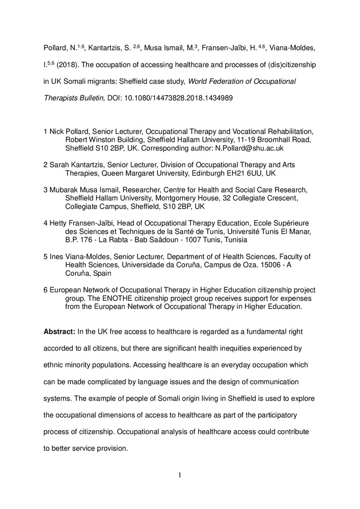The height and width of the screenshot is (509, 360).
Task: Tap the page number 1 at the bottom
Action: click(x=180, y=475)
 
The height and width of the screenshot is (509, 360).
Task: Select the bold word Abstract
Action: click(x=60, y=332)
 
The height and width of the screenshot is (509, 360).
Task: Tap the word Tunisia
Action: click(x=233, y=240)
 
